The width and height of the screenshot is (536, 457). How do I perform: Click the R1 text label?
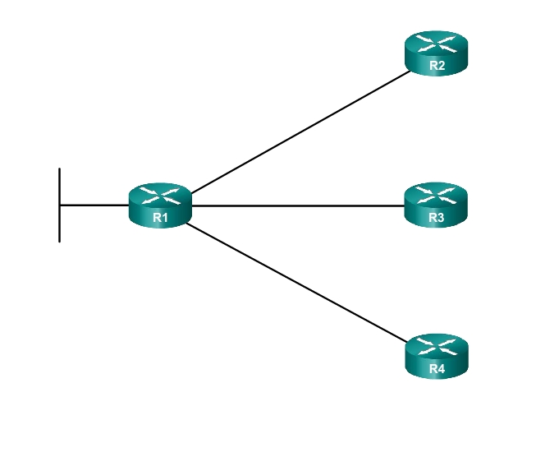[159, 218]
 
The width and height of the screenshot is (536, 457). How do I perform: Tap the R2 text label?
[436, 66]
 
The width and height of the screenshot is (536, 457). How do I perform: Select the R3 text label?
[436, 218]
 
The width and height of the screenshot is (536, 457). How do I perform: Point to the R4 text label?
[436, 369]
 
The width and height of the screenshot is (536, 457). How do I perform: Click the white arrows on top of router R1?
[159, 196]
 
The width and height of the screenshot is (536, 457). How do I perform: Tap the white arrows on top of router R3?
[436, 196]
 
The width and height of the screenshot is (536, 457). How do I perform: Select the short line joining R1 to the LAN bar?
[94, 205]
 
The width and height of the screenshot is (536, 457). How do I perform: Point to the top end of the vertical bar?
[60, 169]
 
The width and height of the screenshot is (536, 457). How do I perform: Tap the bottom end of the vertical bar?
[60, 241]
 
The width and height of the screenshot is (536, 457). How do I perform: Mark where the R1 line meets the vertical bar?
[60, 205]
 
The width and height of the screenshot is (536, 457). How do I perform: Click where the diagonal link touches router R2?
[410, 72]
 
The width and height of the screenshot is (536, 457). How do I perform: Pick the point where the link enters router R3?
[405, 205]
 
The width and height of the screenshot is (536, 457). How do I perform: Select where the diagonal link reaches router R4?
[408, 340]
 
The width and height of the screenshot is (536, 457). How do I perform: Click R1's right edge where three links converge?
[190, 205]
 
